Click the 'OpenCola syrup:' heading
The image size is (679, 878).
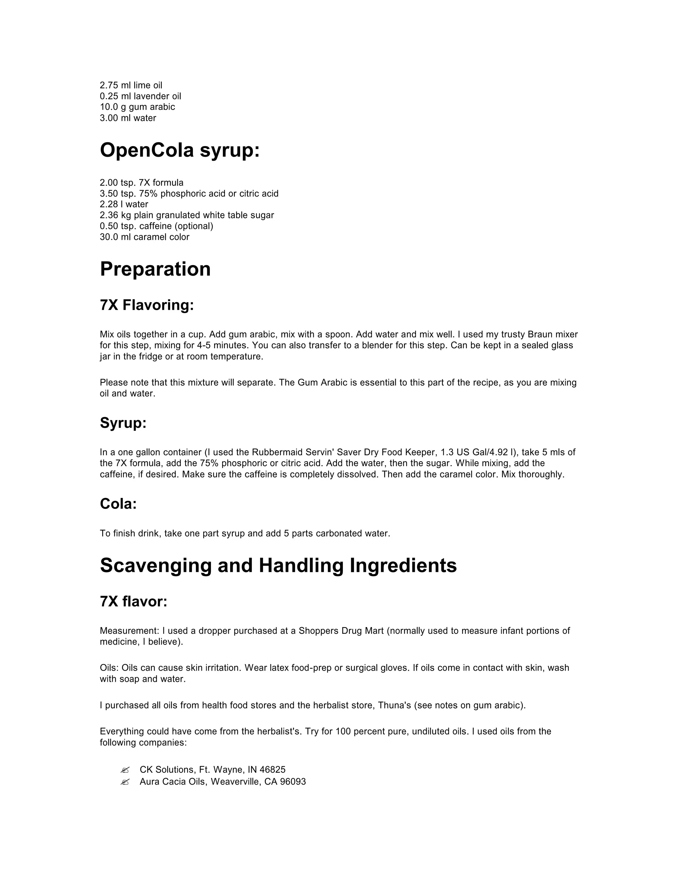click(x=180, y=150)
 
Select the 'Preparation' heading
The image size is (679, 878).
click(x=155, y=269)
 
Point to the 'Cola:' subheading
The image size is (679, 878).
click(x=118, y=504)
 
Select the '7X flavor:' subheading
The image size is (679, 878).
click(x=134, y=601)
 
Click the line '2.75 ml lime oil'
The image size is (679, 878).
click(x=131, y=85)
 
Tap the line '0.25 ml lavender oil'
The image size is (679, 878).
click(x=140, y=96)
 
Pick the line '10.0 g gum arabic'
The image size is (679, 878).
click(x=137, y=107)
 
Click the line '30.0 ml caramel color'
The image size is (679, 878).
click(x=145, y=237)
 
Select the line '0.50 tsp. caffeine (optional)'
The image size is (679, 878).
click(x=156, y=226)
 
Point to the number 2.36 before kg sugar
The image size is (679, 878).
click(x=109, y=215)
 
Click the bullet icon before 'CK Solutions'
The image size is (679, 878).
click(x=125, y=770)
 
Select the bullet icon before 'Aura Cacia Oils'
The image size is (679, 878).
click(x=125, y=782)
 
